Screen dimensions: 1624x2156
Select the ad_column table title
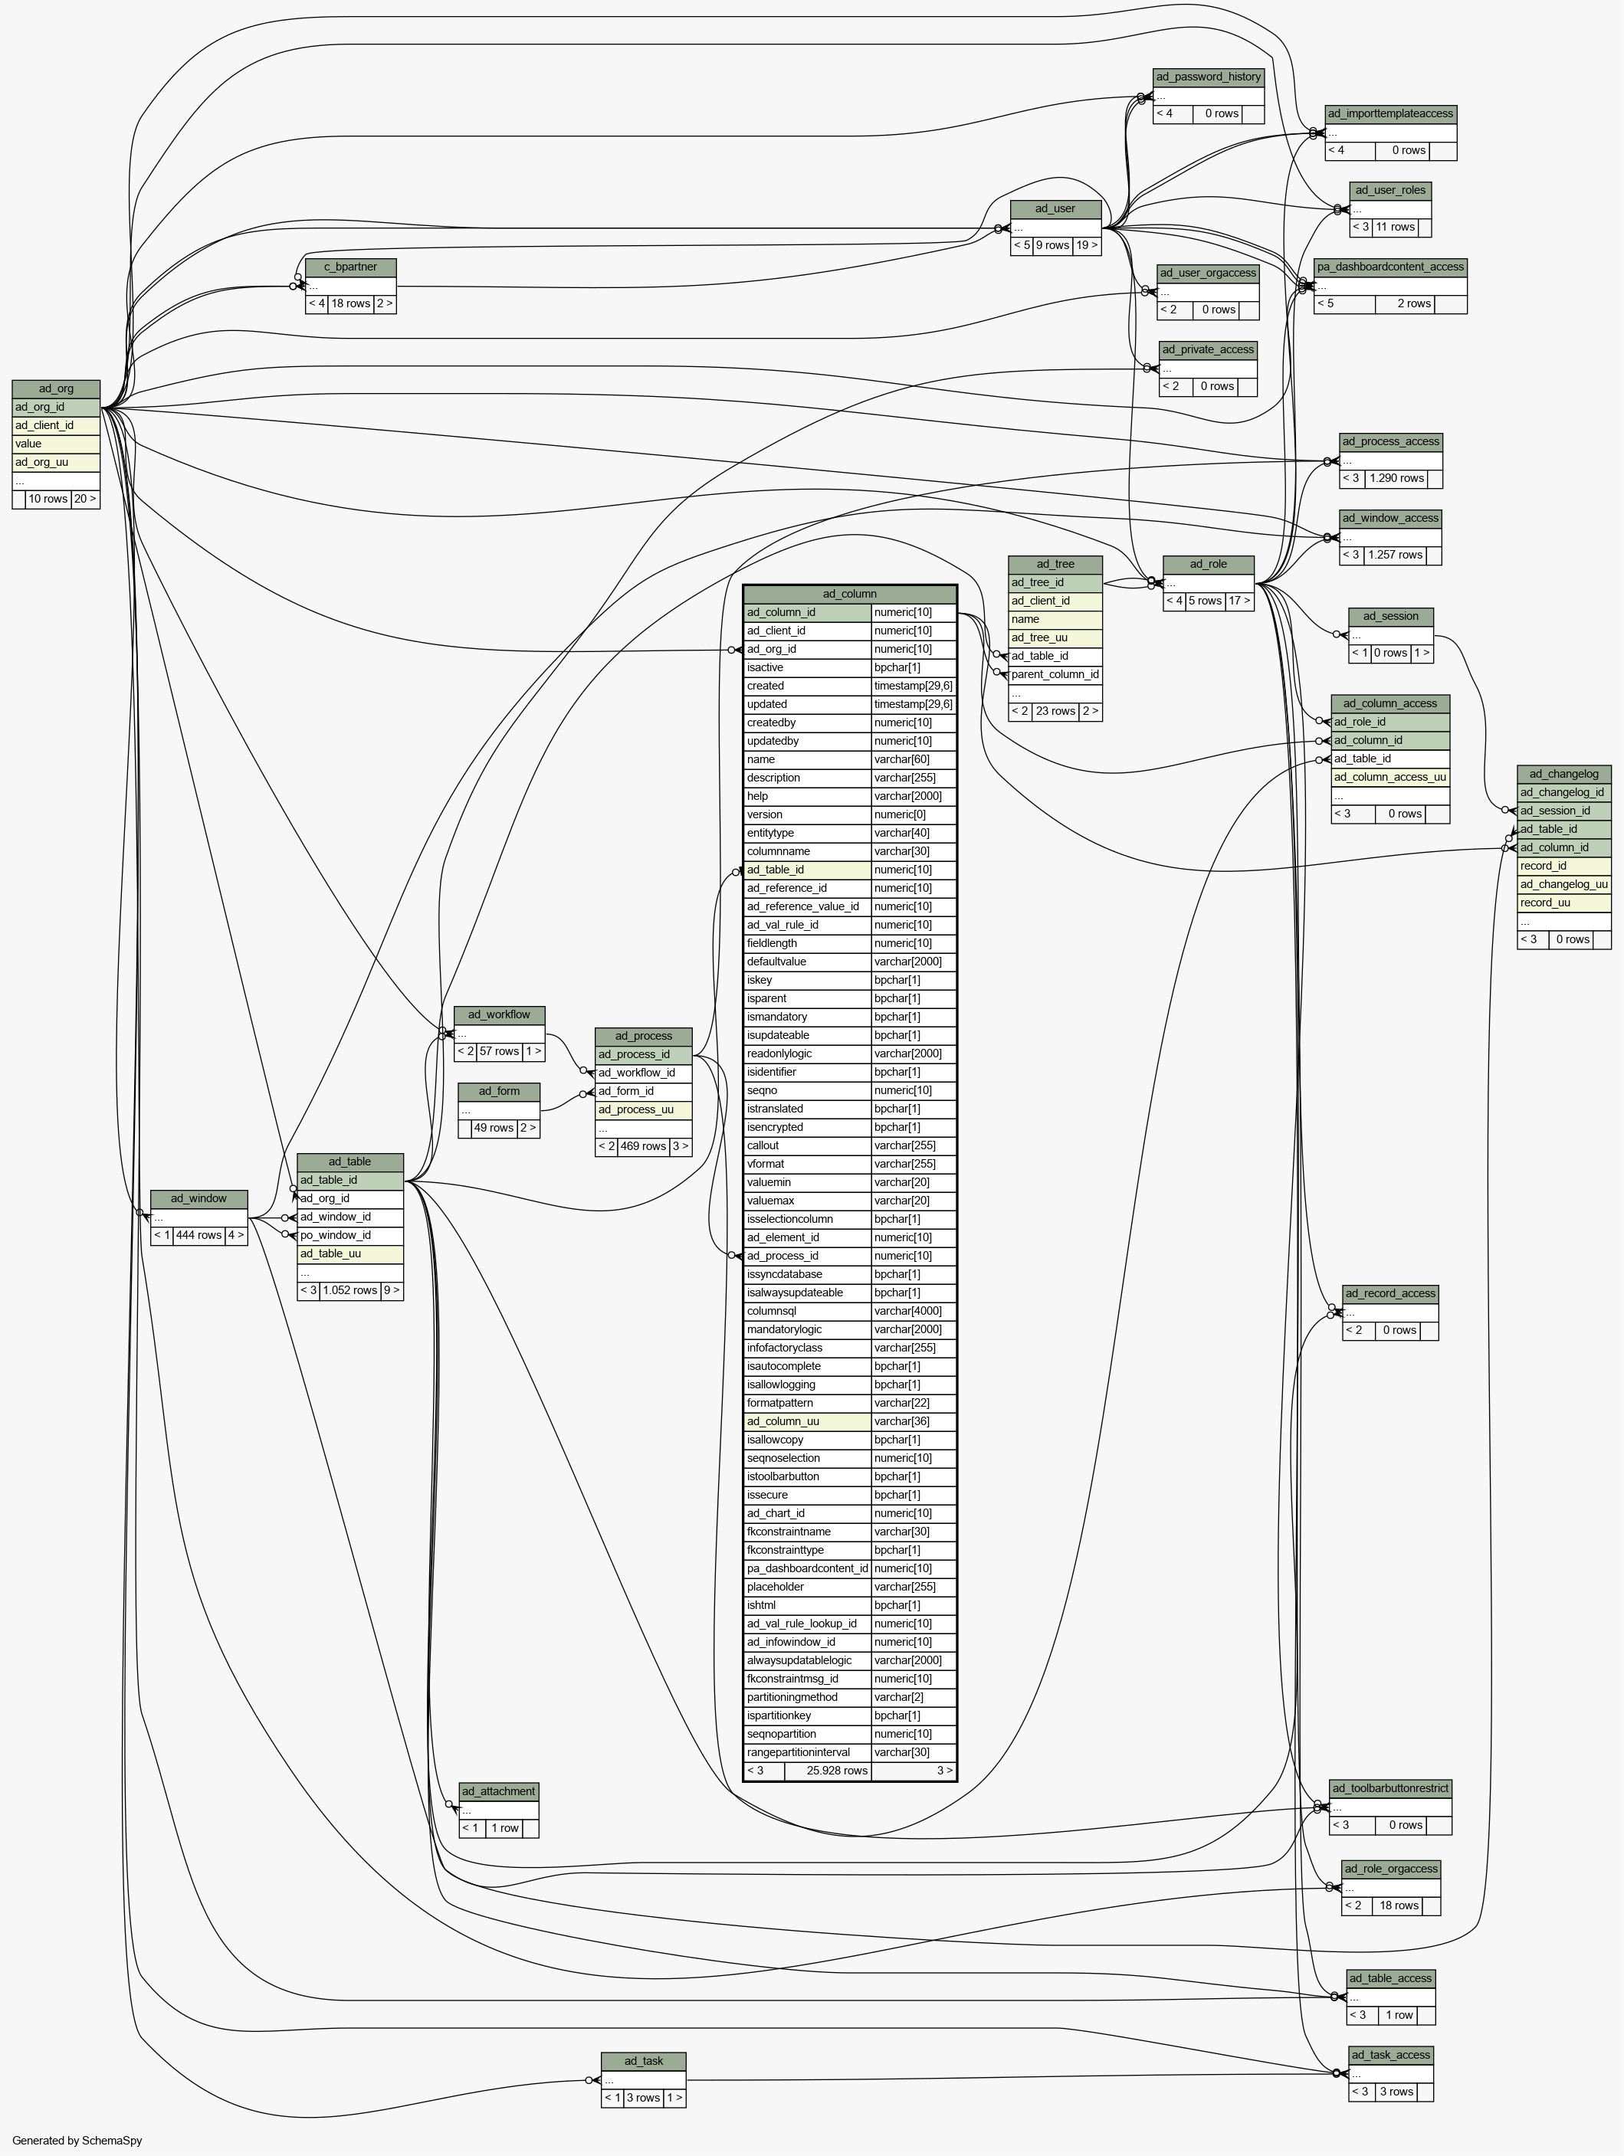point(850,594)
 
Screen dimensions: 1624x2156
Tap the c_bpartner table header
point(351,267)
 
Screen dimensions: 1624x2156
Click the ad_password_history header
point(1208,77)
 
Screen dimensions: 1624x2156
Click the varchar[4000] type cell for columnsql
point(914,1312)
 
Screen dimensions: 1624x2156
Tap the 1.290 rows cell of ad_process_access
point(1397,479)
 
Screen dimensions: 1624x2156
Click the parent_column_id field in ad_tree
point(1055,674)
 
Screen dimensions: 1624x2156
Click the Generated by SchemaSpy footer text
point(77,2141)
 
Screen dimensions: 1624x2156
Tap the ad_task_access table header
point(1391,2056)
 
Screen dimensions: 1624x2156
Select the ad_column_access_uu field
point(1390,778)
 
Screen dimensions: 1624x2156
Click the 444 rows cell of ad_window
point(198,1236)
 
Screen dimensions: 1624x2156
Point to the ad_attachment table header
point(498,1791)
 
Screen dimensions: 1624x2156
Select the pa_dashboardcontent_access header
point(1390,267)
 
